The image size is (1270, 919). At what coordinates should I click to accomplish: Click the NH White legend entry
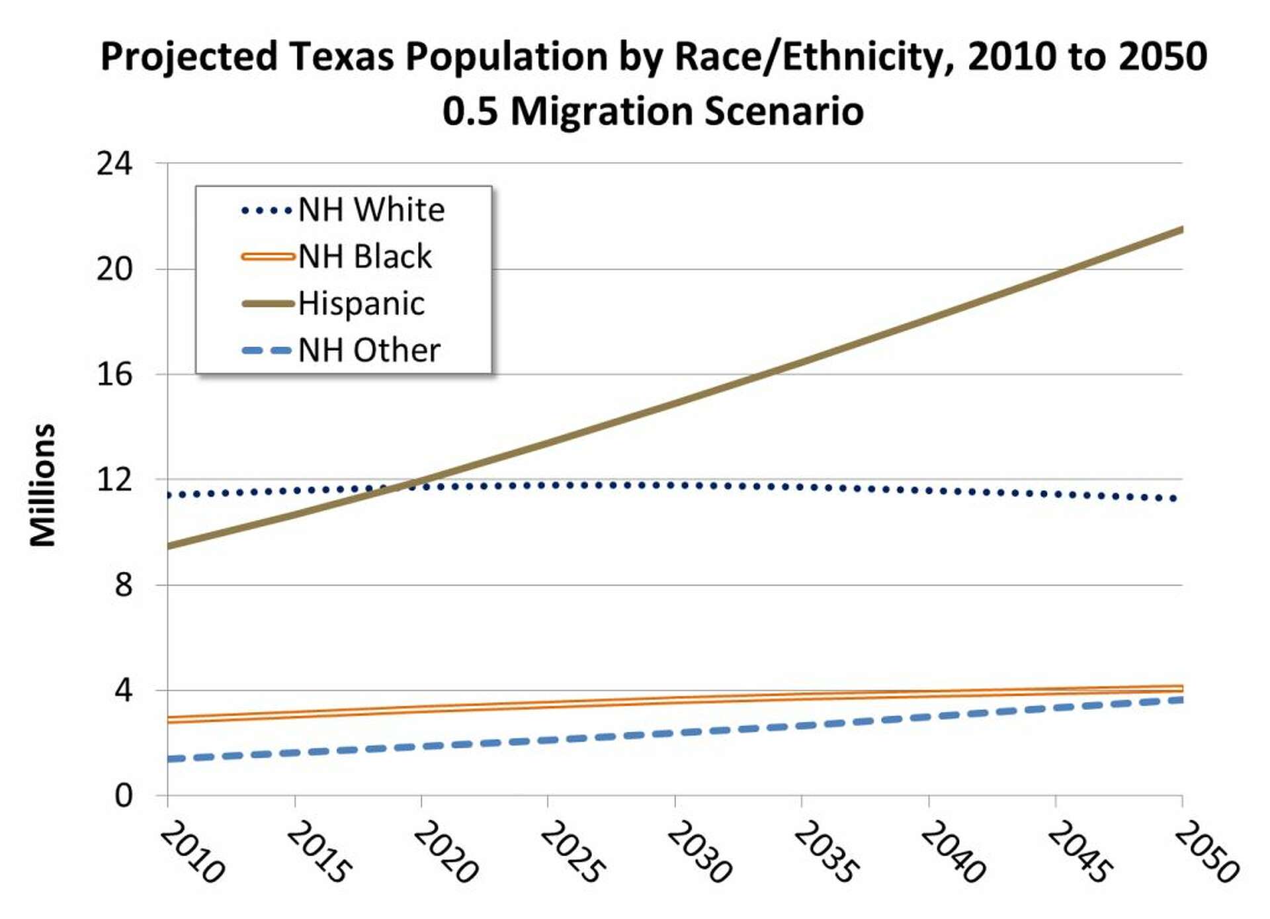tap(371, 210)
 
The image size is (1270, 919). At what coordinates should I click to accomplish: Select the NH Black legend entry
tap(364, 257)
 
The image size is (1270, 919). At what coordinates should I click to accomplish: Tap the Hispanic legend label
tap(361, 304)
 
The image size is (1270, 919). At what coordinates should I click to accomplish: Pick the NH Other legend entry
tap(368, 350)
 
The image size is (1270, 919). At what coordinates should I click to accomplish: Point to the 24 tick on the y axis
tap(114, 163)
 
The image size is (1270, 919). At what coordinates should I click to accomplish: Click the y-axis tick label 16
tap(114, 374)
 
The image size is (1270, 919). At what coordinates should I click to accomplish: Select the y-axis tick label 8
tap(123, 585)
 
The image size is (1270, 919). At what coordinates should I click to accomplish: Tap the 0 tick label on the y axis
tap(123, 795)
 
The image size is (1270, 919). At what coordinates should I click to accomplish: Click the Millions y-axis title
tap(43, 485)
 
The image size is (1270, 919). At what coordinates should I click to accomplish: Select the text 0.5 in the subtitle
tap(470, 110)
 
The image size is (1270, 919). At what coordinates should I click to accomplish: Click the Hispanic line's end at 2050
tap(1181, 230)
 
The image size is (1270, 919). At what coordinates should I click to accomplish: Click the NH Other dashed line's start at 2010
tap(169, 759)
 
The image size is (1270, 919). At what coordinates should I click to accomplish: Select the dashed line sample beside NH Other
tap(267, 351)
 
